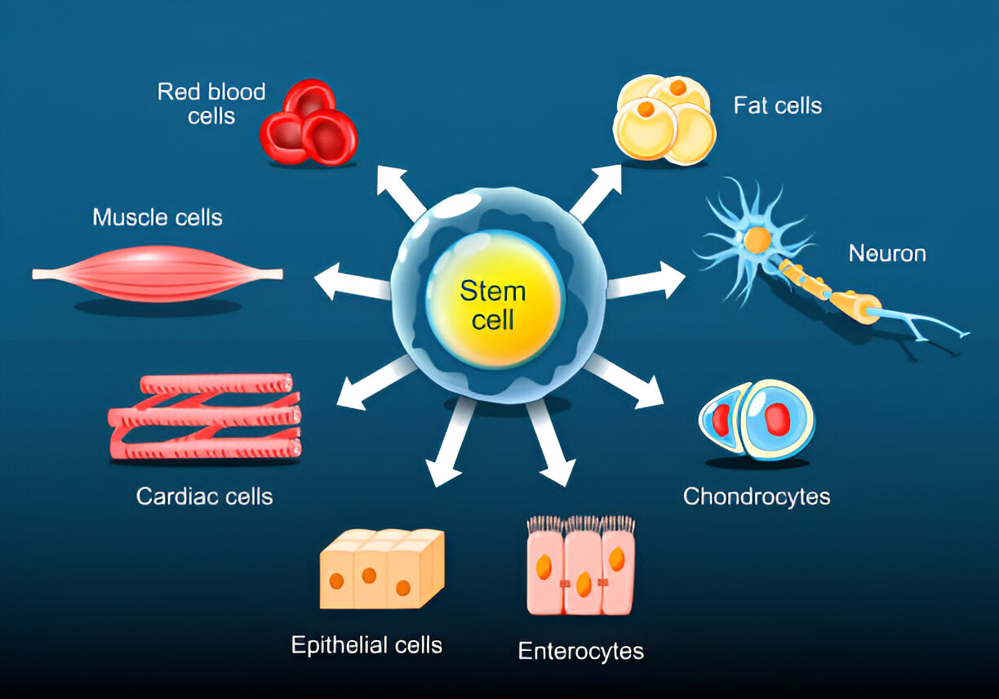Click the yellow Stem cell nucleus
pyautogui.click(x=494, y=304)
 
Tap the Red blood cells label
pyautogui.click(x=211, y=103)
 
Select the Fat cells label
pyautogui.click(x=777, y=105)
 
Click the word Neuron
pyautogui.click(x=887, y=253)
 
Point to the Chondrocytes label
pyautogui.click(x=756, y=496)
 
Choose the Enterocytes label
pyautogui.click(x=580, y=651)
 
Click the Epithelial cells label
pyautogui.click(x=366, y=645)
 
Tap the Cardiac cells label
pyautogui.click(x=204, y=496)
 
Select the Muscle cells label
pyautogui.click(x=158, y=217)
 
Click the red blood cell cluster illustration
pyautogui.click(x=309, y=124)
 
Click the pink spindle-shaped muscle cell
pyautogui.click(x=158, y=274)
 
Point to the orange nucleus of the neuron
pyautogui.click(x=757, y=240)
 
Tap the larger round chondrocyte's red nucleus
pyautogui.click(x=776, y=419)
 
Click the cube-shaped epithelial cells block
pyautogui.click(x=381, y=568)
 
